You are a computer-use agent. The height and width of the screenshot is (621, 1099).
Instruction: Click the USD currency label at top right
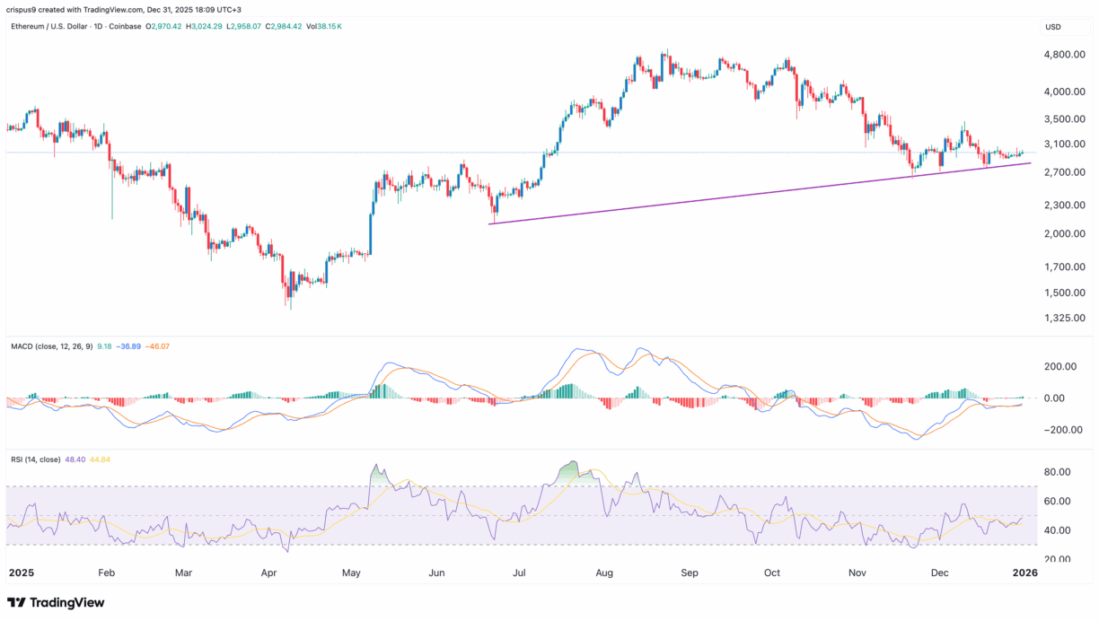[1053, 27]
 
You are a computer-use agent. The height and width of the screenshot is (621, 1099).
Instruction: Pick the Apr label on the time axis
[268, 572]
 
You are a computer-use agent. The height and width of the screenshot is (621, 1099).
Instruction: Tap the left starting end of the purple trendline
[489, 223]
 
